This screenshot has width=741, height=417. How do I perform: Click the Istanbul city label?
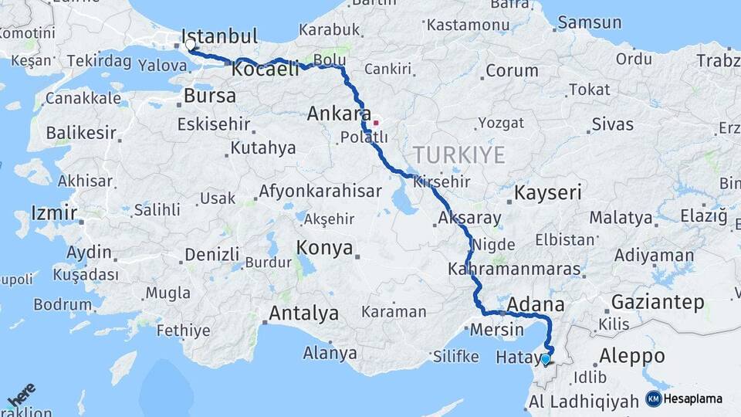click(219, 36)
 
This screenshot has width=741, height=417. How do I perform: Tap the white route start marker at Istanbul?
click(191, 45)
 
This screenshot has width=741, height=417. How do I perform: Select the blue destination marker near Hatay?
click(546, 358)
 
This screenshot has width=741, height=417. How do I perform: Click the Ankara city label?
click(339, 114)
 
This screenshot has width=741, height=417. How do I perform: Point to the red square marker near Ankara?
click(376, 123)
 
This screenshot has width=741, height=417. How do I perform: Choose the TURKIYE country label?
click(458, 155)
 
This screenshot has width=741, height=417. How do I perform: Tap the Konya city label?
click(325, 249)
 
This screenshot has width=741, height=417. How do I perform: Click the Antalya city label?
click(303, 314)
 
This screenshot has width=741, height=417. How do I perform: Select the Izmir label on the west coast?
click(53, 212)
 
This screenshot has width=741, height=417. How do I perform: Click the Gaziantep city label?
click(658, 302)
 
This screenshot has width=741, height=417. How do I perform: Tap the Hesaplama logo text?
click(692, 398)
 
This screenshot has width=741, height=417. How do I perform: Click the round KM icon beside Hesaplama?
click(653, 398)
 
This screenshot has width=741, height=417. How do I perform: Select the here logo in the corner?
click(22, 396)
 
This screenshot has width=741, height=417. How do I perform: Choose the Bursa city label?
click(210, 97)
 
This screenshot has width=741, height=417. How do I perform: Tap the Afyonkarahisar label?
click(321, 190)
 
